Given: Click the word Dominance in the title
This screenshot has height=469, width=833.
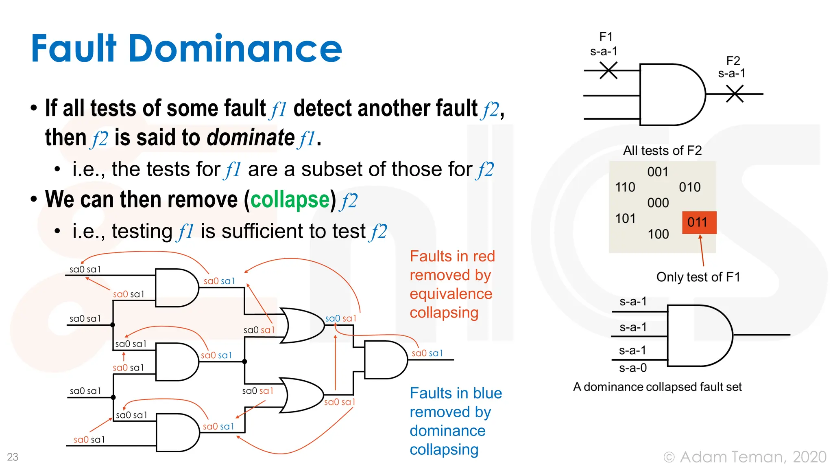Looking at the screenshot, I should [236, 49].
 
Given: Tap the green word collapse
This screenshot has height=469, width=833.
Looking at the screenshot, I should [290, 199].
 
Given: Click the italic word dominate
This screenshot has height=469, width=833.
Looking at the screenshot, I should [251, 138].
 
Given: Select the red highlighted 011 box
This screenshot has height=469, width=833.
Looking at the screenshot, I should [698, 222].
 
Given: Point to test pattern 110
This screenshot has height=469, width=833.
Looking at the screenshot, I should [625, 187].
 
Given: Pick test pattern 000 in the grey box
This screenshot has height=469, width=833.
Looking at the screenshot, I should [658, 203].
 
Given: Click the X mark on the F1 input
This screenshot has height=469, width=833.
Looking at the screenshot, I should [608, 70].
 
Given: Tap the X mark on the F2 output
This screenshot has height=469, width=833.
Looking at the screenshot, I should [735, 94].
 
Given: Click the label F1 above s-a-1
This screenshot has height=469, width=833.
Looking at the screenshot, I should [606, 37].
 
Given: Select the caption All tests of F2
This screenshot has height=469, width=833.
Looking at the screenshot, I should [662, 151].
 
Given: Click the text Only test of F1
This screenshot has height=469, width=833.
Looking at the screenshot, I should [698, 277].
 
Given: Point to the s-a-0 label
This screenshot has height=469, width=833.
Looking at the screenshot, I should [632, 368].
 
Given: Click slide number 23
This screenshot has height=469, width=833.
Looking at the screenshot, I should [13, 457].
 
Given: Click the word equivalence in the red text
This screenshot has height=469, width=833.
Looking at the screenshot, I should [451, 294].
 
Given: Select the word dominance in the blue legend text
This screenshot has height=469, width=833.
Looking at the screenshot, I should [447, 431].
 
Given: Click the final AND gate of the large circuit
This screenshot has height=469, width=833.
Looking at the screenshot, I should [384, 360].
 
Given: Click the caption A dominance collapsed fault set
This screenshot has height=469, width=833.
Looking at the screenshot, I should [657, 387].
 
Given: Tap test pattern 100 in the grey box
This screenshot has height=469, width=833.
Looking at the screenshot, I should [658, 234].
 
